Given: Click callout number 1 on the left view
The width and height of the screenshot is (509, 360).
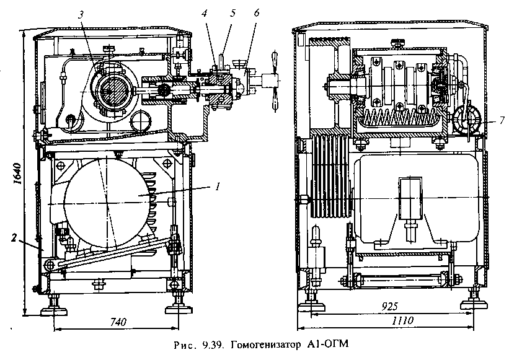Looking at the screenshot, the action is click(218, 187).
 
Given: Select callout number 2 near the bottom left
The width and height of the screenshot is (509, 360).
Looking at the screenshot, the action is click(13, 238).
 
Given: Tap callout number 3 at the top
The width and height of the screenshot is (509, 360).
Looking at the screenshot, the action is click(81, 15).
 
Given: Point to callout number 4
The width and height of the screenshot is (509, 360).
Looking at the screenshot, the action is click(204, 13).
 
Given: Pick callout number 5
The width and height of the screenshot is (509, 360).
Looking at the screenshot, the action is click(232, 13).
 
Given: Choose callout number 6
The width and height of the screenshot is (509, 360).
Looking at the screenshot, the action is click(257, 13).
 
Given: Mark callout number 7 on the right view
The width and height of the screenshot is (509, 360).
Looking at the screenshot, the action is click(502, 121).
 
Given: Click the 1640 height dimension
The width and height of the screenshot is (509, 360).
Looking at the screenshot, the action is click(17, 173).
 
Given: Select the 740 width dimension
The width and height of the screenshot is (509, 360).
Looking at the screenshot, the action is click(118, 322).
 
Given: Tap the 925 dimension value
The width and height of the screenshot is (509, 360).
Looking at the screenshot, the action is click(389, 306).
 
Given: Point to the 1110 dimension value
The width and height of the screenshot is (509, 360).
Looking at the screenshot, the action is click(402, 321).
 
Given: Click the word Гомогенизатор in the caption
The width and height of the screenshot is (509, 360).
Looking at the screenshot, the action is click(266, 345).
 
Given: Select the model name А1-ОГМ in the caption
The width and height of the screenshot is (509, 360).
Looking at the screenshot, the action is click(327, 344).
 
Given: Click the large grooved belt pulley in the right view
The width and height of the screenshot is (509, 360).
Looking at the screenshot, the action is click(330, 177).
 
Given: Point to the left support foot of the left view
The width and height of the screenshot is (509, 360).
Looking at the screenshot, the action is click(54, 307).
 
